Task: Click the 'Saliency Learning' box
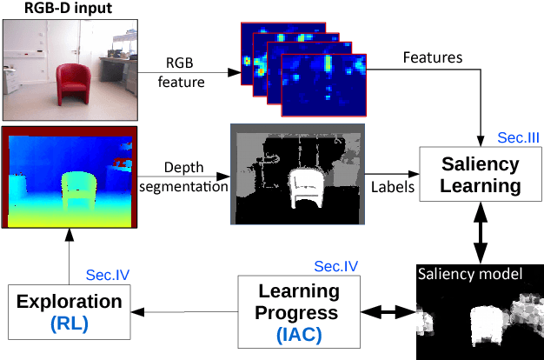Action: [481, 175]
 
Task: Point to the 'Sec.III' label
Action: [519, 137]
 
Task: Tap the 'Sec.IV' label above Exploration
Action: [108, 275]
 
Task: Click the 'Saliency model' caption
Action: [469, 274]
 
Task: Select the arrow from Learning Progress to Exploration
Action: [182, 311]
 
